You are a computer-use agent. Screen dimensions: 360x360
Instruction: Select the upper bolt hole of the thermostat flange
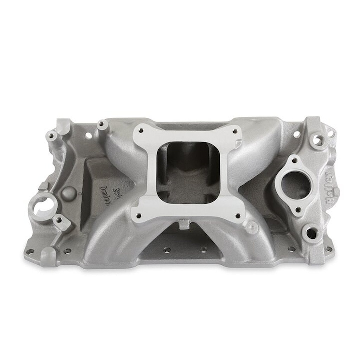294,161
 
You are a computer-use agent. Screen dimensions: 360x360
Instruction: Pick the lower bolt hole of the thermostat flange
298,210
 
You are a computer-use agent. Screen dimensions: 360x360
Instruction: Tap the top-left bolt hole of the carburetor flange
141,130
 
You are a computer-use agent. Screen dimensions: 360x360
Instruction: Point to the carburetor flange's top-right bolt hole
234,131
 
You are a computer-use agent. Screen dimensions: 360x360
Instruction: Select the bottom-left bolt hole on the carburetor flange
138,216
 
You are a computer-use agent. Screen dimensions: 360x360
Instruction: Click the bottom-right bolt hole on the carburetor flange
237,216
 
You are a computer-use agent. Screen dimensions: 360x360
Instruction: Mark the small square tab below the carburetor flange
184,224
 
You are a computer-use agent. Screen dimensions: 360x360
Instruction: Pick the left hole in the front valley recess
167,250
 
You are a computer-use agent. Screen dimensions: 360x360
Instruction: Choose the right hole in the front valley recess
203,249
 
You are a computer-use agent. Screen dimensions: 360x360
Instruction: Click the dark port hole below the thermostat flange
311,233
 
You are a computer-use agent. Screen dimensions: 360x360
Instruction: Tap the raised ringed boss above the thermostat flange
318,140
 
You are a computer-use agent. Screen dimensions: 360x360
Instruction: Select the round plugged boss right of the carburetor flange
252,227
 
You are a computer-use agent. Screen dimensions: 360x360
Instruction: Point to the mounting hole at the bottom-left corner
31,251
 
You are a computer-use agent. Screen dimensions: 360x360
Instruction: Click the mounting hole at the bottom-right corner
328,249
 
